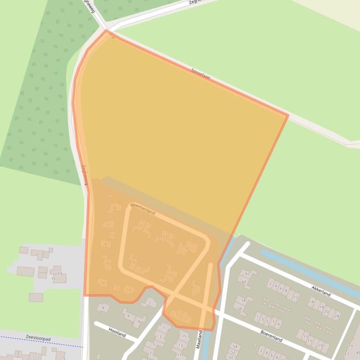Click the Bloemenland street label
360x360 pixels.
pos(143,209)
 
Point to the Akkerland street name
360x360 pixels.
pos(321,291)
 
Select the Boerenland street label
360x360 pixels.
pos(271,336)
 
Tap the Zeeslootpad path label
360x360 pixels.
pos(38,338)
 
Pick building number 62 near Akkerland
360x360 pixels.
pos(248,274)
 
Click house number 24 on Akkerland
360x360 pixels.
pos(337,316)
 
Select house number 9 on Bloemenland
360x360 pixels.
pos(187,248)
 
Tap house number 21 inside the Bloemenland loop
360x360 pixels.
pos(142,270)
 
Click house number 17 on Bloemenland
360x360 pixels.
pos(140,226)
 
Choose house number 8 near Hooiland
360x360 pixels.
pos(103,308)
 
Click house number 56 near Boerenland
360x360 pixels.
pos(240,309)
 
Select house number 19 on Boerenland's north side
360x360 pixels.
pos(321,346)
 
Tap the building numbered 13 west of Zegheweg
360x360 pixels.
pos(59,274)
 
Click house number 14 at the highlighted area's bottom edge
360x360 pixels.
pos(129,290)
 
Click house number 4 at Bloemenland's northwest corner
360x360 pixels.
pos(114,208)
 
